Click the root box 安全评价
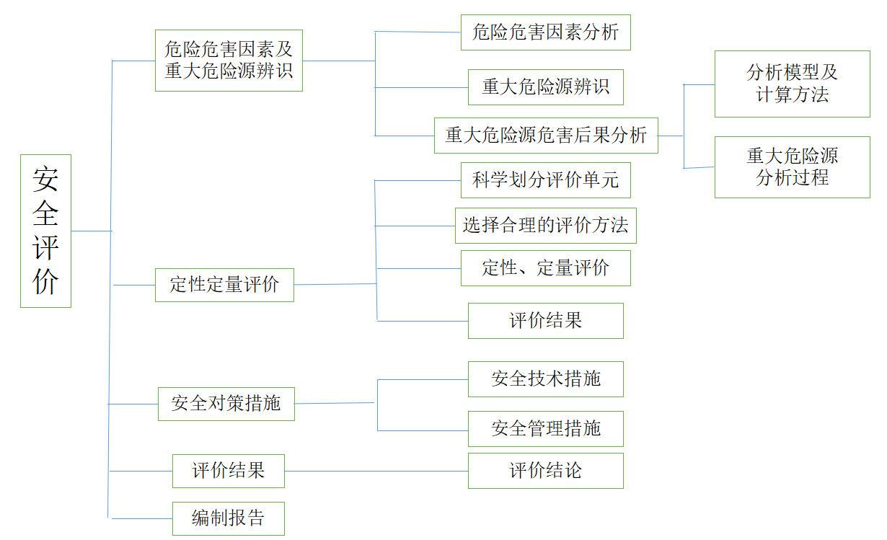pyautogui.click(x=45, y=231)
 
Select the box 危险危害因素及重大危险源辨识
pyautogui.click(x=229, y=61)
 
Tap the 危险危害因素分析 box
pyautogui.click(x=545, y=32)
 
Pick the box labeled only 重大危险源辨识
pyautogui.click(x=545, y=87)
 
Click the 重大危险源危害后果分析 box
pyautogui.click(x=545, y=136)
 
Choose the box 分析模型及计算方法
pyautogui.click(x=792, y=84)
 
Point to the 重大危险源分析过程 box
pyautogui.click(x=792, y=167)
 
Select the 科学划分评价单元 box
pyautogui.click(x=545, y=180)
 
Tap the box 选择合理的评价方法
pyautogui.click(x=545, y=226)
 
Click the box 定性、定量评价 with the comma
pyautogui.click(x=545, y=268)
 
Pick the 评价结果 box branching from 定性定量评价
pyautogui.click(x=545, y=321)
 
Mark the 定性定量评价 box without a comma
pyautogui.click(x=224, y=285)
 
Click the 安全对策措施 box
pyautogui.click(x=226, y=404)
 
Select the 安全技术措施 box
pyautogui.click(x=545, y=379)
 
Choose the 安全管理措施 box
pyautogui.click(x=545, y=429)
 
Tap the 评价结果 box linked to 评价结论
pyautogui.click(x=228, y=472)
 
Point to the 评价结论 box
pyautogui.click(x=545, y=471)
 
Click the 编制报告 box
pyautogui.click(x=228, y=518)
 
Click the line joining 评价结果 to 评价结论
pyautogui.click(x=375, y=472)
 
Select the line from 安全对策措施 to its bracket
pyautogui.click(x=335, y=403)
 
